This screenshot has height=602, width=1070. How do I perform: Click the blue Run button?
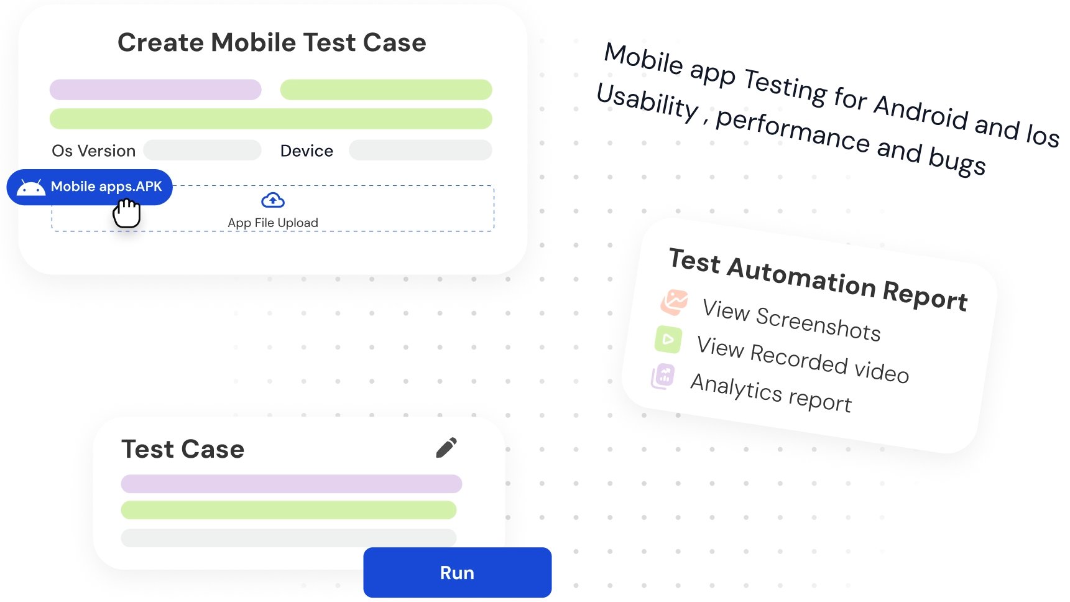pos(457,573)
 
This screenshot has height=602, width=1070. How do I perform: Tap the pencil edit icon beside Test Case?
pos(446,448)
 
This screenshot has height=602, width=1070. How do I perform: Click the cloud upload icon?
pos(273,200)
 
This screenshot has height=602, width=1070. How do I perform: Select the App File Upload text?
pos(273,223)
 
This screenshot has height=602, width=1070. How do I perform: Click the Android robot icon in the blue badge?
pos(31,187)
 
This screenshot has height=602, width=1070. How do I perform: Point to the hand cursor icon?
pos(127,213)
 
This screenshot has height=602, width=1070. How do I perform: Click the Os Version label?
pos(94,151)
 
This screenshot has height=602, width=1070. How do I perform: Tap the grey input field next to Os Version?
pos(202,150)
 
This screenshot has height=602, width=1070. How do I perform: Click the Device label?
pos(307,151)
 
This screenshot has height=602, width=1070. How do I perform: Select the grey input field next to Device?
pos(420,150)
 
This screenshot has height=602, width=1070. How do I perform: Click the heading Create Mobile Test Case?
pos(272,43)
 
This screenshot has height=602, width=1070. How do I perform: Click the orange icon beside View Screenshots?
pos(675,302)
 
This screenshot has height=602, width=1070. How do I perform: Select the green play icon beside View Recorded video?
pos(668,340)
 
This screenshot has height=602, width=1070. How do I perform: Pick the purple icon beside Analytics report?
pos(663,376)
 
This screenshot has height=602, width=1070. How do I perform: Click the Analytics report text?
pos(771,393)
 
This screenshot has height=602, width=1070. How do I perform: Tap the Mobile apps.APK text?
pos(106,187)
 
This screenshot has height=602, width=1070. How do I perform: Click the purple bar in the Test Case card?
pos(292,484)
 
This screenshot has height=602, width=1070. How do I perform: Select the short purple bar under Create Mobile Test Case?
pos(155,90)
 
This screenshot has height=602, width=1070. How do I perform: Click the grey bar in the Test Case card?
pos(288,538)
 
